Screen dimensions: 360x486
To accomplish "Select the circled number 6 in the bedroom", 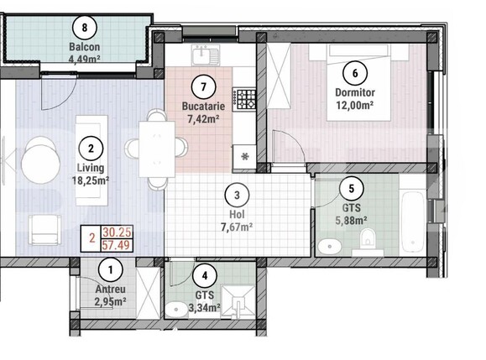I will click(353, 72).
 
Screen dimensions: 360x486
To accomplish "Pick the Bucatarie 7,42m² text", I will click(201, 113).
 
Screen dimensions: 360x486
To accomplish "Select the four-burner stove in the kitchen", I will click(245, 100).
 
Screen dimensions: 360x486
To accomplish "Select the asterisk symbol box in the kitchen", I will click(245, 156).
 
